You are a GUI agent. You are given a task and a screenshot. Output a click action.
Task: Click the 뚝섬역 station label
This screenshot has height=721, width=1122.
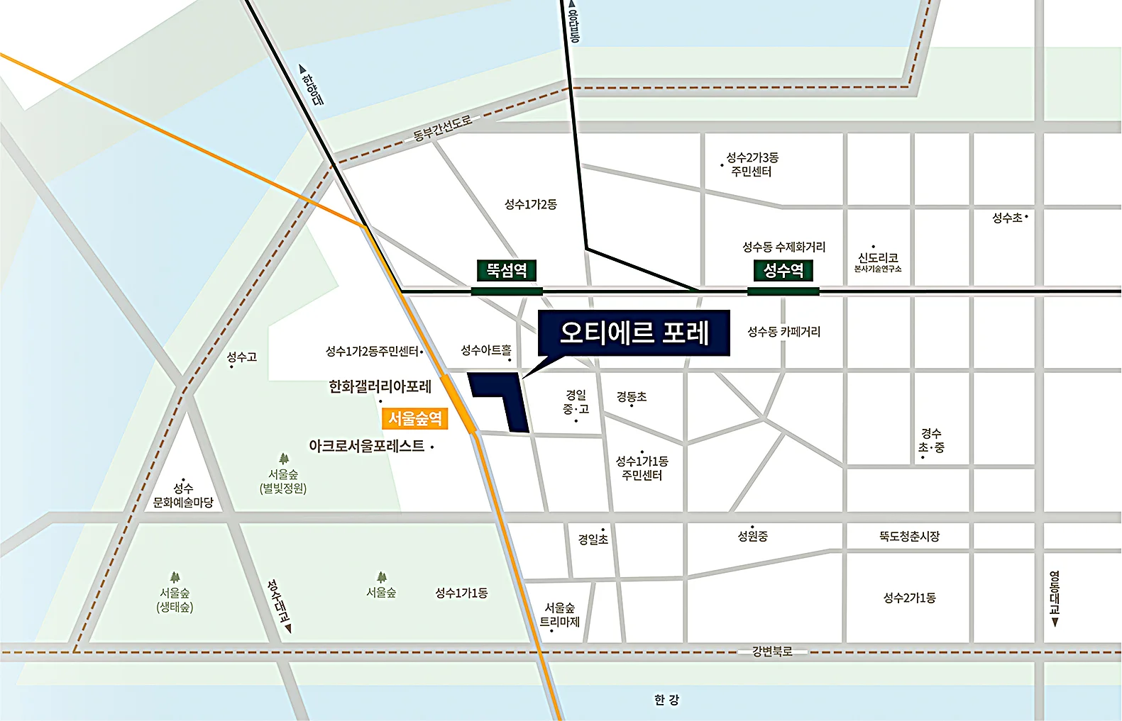506,270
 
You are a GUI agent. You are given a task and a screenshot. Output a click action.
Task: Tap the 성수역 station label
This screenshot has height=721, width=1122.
783,270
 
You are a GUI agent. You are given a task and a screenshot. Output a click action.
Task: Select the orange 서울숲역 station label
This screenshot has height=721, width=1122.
414,418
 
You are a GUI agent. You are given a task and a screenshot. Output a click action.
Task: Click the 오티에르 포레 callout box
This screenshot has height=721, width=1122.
634,332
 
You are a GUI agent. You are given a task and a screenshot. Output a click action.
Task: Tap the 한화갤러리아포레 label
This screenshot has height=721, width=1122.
380,387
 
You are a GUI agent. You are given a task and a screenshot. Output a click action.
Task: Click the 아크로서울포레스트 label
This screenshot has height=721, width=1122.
366,446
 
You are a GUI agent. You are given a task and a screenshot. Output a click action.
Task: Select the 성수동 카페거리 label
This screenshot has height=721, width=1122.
783,332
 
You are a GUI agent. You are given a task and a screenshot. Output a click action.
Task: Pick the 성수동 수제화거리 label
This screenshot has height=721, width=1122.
783,247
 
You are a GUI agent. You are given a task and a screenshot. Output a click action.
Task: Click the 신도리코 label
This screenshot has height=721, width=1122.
878,258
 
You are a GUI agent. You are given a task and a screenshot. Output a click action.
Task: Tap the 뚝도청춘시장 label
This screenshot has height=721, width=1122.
909,537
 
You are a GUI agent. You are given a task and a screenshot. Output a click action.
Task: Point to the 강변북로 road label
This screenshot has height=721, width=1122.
771,652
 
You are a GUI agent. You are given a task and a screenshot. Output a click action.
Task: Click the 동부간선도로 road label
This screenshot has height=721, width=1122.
442,128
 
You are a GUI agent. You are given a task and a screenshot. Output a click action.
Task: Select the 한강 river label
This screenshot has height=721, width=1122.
666,700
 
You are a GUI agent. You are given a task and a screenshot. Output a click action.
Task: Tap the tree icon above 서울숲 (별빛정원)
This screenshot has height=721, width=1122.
284,459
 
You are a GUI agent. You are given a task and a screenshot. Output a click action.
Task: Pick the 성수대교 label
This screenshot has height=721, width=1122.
279,602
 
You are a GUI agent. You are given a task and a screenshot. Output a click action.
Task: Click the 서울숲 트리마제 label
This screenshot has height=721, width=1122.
560,615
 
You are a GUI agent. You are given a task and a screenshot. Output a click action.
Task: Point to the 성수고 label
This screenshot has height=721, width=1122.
241,357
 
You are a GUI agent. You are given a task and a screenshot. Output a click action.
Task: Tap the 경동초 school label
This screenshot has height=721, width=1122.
631,397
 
